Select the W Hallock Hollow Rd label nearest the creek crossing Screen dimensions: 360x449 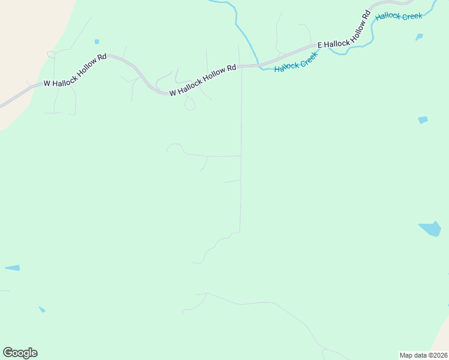[x=202, y=80]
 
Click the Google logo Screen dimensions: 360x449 [x=20, y=352]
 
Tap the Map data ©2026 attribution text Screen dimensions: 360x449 [x=423, y=355]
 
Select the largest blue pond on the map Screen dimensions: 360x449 [x=430, y=229]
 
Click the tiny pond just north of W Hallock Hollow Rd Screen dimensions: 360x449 [x=97, y=42]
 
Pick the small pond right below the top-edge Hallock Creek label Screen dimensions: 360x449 [x=419, y=37]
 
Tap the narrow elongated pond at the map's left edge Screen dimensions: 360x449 [x=13, y=268]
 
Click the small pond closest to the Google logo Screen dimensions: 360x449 [x=42, y=310]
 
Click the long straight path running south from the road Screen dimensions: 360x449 [x=241, y=150]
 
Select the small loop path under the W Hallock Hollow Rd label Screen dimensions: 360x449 [x=190, y=106]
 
